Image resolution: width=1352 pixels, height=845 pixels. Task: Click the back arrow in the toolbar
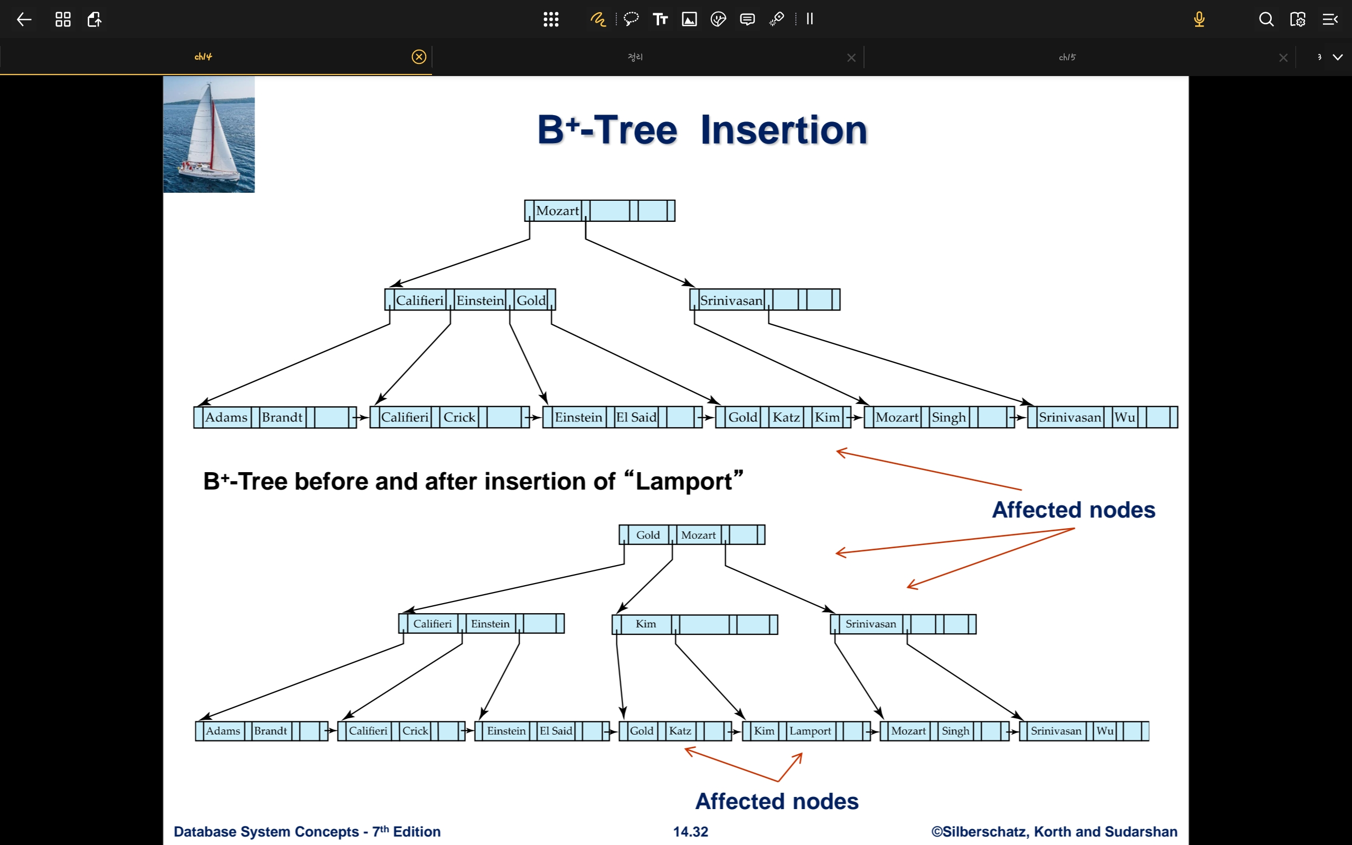tap(24, 20)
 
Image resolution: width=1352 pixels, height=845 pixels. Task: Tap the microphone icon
tap(1199, 20)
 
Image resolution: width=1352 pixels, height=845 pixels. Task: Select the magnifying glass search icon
tap(1266, 20)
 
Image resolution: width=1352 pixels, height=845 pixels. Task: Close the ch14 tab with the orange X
tap(418, 57)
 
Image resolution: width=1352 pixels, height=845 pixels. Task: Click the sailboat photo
tap(209, 134)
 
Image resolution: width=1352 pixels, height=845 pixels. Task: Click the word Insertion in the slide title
tap(783, 130)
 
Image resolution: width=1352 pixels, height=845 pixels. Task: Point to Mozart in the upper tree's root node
tap(557, 211)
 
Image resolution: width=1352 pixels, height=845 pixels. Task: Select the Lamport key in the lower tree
tap(810, 730)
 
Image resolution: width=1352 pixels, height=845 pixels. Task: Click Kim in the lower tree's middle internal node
tap(646, 624)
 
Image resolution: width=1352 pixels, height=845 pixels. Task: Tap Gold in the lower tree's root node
tap(648, 535)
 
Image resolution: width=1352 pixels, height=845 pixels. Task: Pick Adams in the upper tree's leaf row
tap(226, 417)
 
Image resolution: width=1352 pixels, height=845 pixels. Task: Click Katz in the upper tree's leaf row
tap(786, 417)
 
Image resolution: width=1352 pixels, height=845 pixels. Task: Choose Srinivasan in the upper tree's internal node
tap(731, 300)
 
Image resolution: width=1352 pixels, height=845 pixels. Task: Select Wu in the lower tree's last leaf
tap(1105, 730)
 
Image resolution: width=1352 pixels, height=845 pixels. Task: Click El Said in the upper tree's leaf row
tap(636, 417)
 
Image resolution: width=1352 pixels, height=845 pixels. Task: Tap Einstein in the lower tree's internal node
tap(490, 624)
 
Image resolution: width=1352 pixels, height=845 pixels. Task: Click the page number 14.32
tap(691, 832)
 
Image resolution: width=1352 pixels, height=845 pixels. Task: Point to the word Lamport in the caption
tap(684, 481)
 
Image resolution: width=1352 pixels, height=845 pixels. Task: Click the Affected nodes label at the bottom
tap(776, 801)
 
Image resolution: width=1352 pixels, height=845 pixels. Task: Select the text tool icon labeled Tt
tap(660, 20)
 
